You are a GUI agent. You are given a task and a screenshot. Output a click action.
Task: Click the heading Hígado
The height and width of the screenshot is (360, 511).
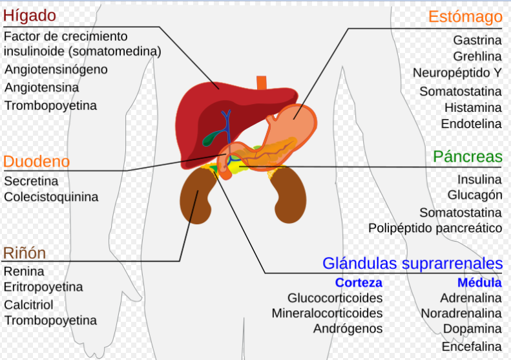pyautogui.click(x=30, y=15)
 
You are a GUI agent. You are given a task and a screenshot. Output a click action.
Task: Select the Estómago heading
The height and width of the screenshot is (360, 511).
pyautogui.click(x=465, y=16)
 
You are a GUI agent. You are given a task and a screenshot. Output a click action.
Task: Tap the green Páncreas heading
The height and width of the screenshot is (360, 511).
pyautogui.click(x=468, y=156)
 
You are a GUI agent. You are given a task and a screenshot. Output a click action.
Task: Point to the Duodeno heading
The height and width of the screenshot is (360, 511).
pyautogui.click(x=36, y=161)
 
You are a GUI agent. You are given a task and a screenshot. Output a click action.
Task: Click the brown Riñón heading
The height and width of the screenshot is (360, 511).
pyautogui.click(x=25, y=252)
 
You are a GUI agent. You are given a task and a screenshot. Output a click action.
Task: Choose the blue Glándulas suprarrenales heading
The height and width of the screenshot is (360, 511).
pyautogui.click(x=412, y=263)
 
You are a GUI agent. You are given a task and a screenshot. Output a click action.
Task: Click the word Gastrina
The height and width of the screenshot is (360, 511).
pyautogui.click(x=477, y=40)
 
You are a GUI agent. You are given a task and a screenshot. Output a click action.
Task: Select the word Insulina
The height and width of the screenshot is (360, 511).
pyautogui.click(x=479, y=179)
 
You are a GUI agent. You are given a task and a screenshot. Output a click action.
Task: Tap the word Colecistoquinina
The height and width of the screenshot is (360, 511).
pyautogui.click(x=51, y=197)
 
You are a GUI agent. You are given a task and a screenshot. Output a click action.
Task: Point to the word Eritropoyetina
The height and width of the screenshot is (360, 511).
pyautogui.click(x=43, y=286)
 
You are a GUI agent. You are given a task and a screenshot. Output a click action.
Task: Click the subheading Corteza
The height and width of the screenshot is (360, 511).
pyautogui.click(x=359, y=282)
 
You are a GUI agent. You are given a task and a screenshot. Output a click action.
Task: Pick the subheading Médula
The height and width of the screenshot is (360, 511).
pyautogui.click(x=479, y=282)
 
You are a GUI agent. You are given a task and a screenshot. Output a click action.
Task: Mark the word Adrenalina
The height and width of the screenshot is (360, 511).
pyautogui.click(x=471, y=298)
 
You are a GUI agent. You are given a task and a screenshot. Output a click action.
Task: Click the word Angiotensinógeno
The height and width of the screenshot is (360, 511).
pyautogui.click(x=56, y=69)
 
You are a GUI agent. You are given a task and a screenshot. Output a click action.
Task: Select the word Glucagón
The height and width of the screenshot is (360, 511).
pyautogui.click(x=475, y=195)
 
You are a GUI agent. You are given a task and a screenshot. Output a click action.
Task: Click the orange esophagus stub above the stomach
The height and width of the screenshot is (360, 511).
pyautogui.click(x=262, y=84)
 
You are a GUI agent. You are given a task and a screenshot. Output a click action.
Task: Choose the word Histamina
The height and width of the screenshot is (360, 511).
pyautogui.click(x=473, y=107)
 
